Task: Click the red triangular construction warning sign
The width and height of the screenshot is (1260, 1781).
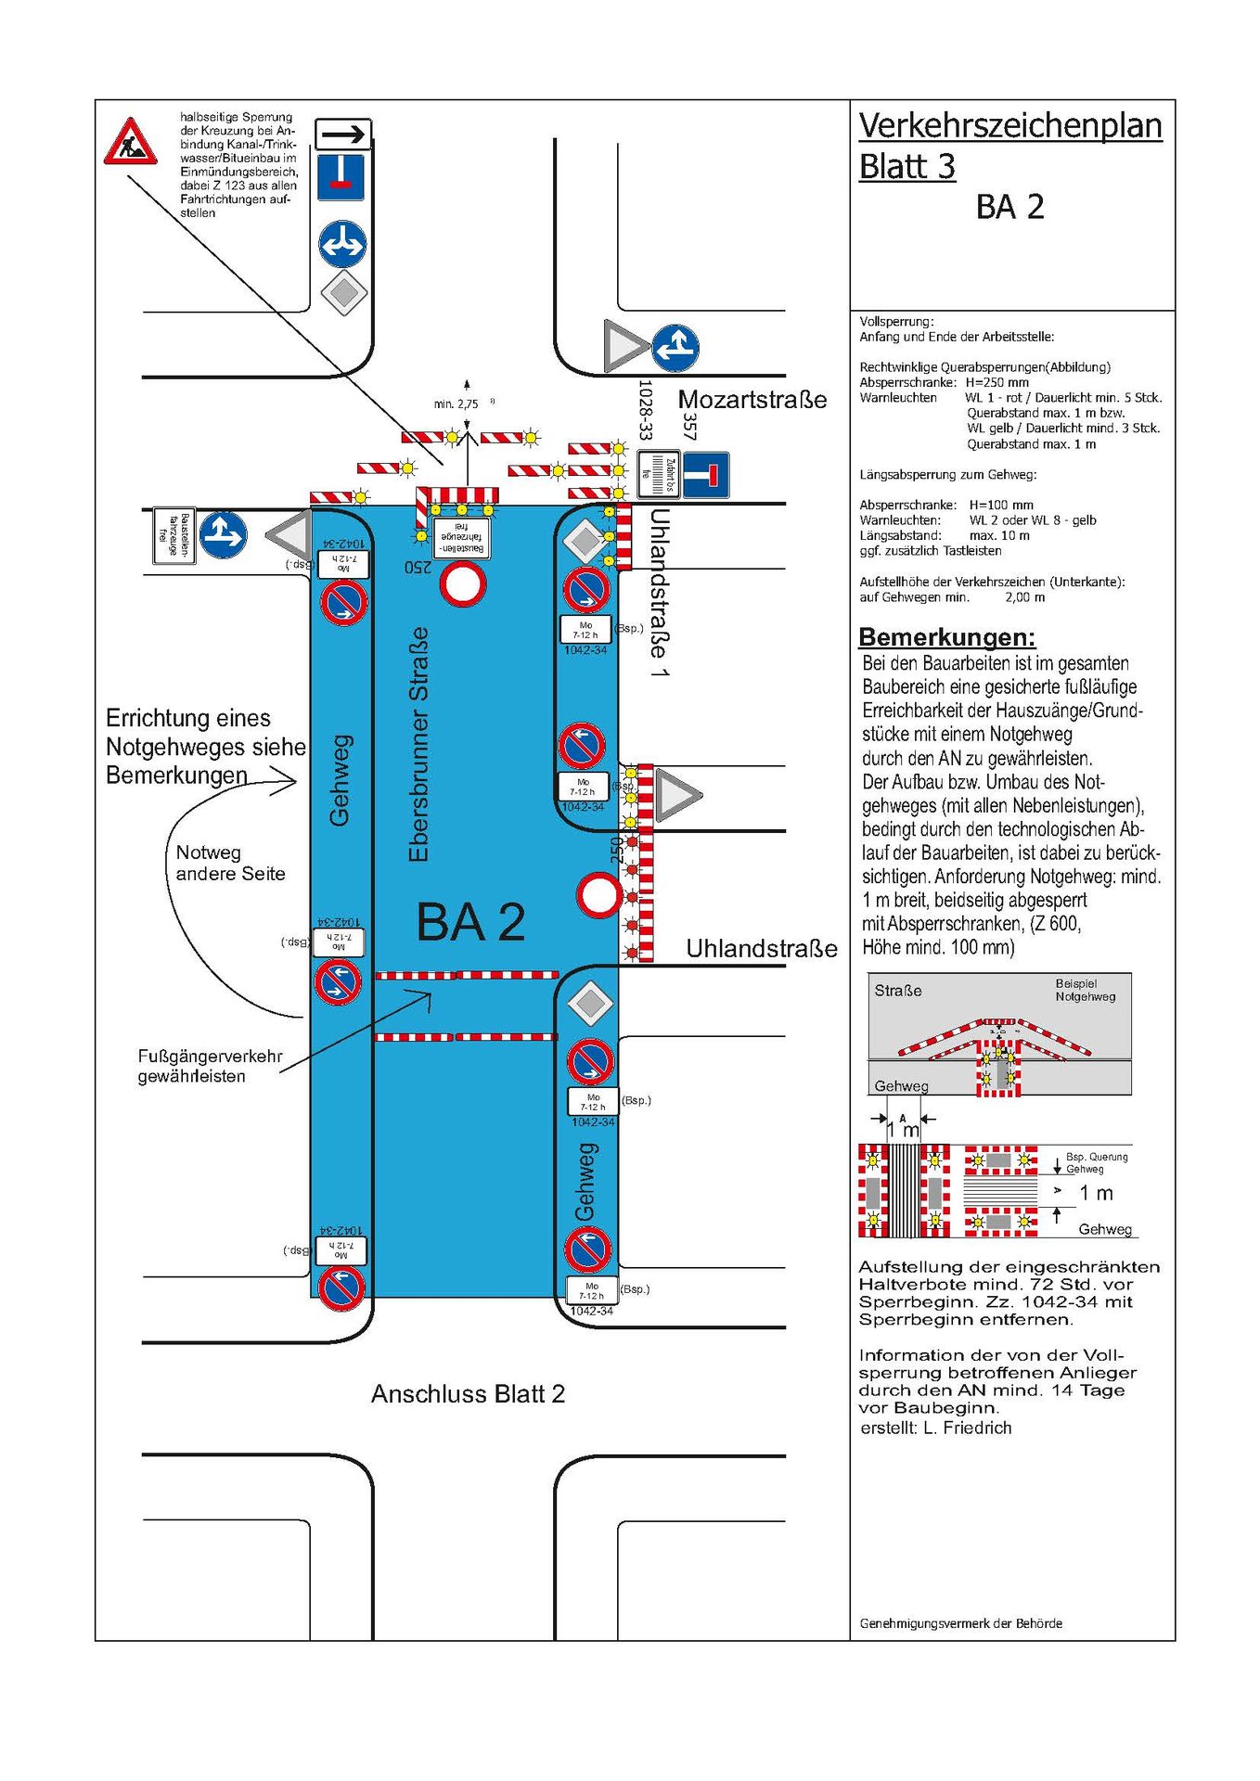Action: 130,143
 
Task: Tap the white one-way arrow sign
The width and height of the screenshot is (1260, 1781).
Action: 343,135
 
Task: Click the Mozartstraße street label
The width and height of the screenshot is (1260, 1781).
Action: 752,400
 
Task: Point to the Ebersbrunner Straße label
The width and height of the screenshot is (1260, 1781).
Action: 419,744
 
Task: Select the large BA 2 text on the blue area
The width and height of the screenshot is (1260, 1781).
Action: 470,922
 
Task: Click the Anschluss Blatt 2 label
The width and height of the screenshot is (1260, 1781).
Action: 468,1394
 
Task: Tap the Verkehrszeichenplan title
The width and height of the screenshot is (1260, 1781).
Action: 1009,125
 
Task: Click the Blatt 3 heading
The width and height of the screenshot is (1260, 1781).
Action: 906,166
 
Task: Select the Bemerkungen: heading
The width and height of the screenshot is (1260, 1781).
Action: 946,637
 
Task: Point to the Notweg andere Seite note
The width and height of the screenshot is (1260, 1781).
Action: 230,863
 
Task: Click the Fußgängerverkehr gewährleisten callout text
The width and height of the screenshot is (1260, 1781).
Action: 210,1066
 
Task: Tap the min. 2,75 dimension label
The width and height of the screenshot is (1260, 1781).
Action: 456,404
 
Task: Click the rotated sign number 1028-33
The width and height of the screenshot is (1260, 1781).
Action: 645,409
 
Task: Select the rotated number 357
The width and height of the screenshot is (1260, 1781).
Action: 689,426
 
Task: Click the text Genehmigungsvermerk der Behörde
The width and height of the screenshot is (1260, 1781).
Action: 960,1623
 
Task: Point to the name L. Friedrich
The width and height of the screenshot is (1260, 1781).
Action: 967,1428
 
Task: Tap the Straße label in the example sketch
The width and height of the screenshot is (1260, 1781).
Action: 897,991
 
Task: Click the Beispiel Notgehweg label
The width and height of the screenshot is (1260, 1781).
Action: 1084,990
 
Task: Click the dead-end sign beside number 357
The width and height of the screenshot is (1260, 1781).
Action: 706,475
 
